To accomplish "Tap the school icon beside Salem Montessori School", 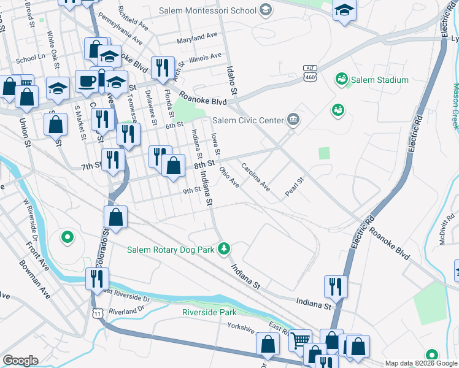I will tap(265, 10).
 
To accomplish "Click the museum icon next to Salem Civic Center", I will tap(293, 120).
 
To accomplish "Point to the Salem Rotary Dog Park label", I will tap(171, 250).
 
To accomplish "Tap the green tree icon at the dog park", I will tap(225, 248).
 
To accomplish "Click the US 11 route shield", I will tap(98, 313).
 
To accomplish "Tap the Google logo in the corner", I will tap(20, 361).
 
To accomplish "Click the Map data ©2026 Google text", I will tap(421, 363).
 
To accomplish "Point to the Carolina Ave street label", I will tap(255, 176).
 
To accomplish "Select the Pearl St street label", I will tap(295, 188).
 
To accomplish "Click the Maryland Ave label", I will tap(198, 38).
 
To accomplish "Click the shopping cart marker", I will tap(299, 339).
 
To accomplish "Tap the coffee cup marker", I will tap(87, 80).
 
